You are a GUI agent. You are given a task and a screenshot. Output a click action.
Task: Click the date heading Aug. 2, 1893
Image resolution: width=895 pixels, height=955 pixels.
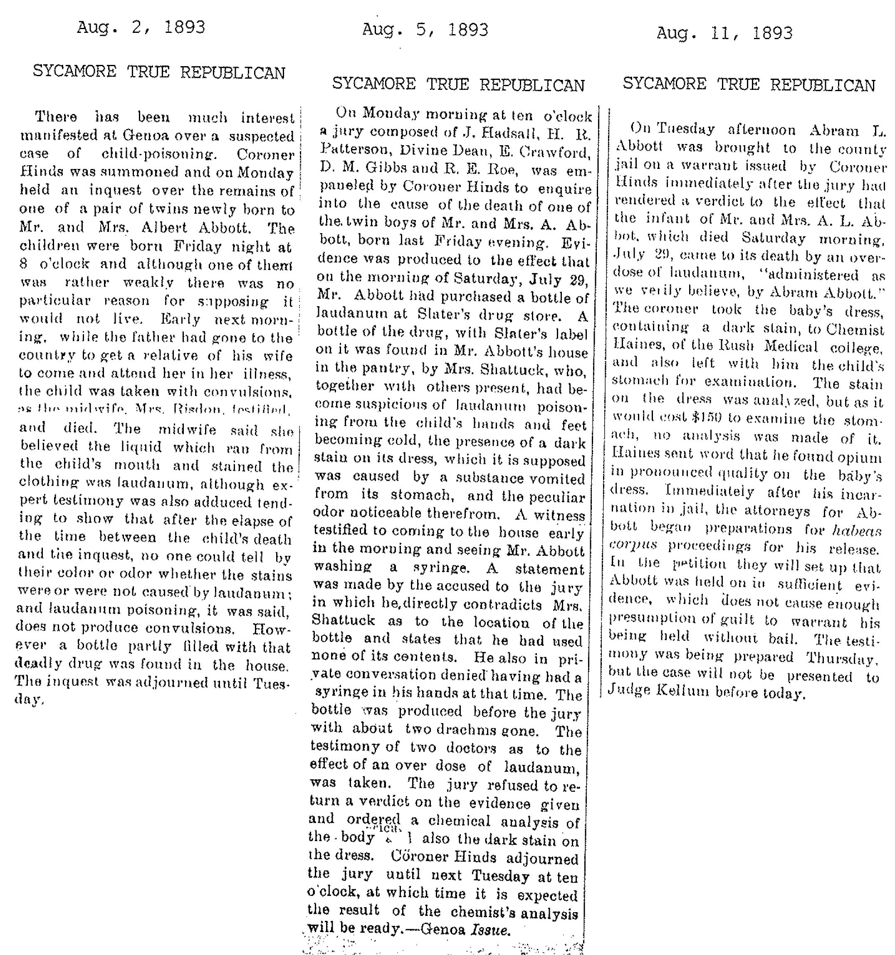click(x=141, y=27)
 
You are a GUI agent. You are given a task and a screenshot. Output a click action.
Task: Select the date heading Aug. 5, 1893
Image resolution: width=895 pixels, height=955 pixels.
click(x=425, y=30)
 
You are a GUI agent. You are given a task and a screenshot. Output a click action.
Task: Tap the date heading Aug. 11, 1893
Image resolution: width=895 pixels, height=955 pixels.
click(x=724, y=33)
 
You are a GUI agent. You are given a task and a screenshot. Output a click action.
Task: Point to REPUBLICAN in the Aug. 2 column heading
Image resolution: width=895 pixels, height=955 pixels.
click(x=232, y=72)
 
